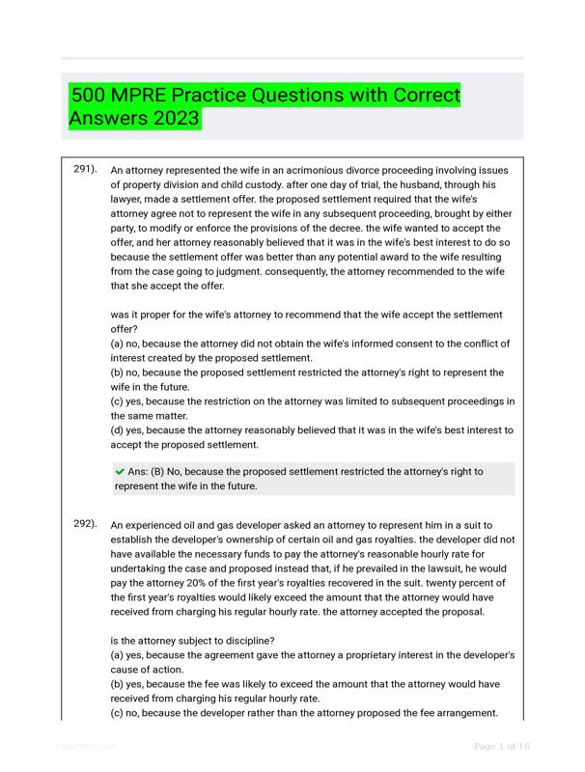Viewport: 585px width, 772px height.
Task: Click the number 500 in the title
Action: click(x=90, y=96)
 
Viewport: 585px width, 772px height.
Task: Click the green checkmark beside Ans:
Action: click(x=120, y=472)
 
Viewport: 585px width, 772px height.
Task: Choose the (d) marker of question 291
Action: click(x=120, y=430)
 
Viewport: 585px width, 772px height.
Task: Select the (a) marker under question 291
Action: click(x=120, y=344)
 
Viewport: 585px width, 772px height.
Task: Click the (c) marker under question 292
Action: click(x=120, y=713)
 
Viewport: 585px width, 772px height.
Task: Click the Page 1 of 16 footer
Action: click(x=502, y=747)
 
